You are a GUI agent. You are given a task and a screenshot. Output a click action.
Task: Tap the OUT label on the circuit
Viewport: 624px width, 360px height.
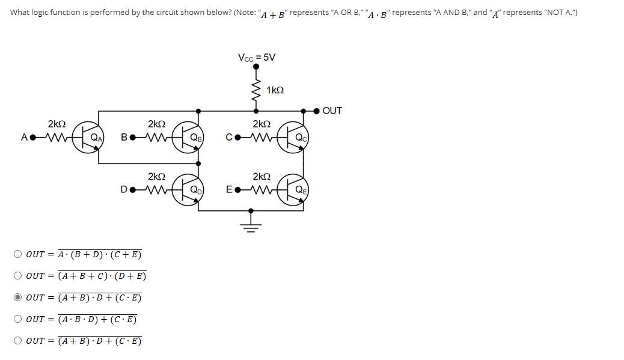pos(332,111)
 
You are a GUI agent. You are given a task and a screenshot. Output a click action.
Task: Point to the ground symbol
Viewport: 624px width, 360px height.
pos(251,225)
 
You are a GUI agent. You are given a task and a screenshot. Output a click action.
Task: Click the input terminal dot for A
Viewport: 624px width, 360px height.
pos(32,137)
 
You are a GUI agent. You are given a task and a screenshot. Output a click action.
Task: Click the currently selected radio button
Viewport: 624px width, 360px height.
pos(18,297)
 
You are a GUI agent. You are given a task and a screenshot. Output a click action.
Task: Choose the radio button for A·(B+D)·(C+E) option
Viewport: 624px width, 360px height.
pos(18,254)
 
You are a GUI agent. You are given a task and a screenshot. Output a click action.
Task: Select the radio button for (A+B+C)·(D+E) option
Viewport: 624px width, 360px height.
pos(18,276)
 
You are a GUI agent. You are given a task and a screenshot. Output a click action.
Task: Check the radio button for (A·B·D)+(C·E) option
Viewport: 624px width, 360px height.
pos(18,319)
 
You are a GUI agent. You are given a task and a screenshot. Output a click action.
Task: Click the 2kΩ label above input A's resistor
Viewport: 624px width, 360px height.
pos(57,124)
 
